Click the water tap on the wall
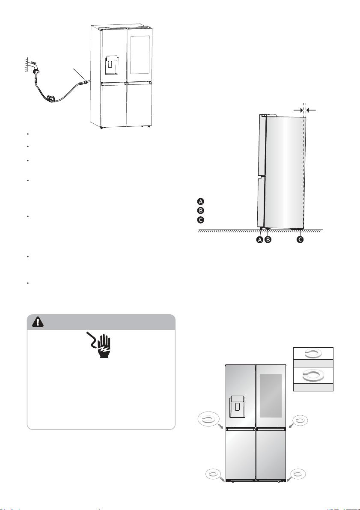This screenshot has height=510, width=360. pyautogui.click(x=34, y=66)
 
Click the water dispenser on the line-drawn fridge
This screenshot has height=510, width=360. pyautogui.click(x=112, y=65)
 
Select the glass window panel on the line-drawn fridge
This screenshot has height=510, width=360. pyautogui.click(x=140, y=55)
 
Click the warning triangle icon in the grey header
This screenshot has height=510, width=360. pyautogui.click(x=38, y=322)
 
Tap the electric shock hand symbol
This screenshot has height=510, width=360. pyautogui.click(x=100, y=344)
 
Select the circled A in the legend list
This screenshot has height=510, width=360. pyautogui.click(x=201, y=201)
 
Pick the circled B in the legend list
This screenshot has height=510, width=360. pyautogui.click(x=201, y=210)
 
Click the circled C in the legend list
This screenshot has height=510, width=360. pyautogui.click(x=201, y=220)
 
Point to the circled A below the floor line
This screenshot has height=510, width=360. pyautogui.click(x=260, y=240)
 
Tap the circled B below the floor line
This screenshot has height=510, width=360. pyautogui.click(x=268, y=240)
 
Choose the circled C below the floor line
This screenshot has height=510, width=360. pyautogui.click(x=300, y=240)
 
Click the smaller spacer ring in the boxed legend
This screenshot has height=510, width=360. pyautogui.click(x=313, y=354)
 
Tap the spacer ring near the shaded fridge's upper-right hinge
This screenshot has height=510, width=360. pyautogui.click(x=300, y=420)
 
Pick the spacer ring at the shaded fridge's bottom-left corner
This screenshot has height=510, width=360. pyautogui.click(x=213, y=474)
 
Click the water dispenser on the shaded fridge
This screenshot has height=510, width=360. pyautogui.click(x=237, y=406)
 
